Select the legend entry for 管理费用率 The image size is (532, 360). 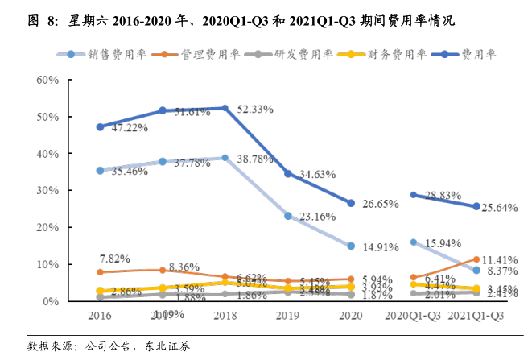[x=192, y=55]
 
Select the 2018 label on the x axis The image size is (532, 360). [x=225, y=317]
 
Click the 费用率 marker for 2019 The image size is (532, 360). [x=288, y=173]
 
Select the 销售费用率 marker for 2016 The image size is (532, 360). [x=100, y=171]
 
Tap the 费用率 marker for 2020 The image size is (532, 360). [x=351, y=203]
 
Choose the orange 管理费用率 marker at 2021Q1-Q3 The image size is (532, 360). [x=476, y=259]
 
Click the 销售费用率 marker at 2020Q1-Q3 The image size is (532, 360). [x=414, y=242]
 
